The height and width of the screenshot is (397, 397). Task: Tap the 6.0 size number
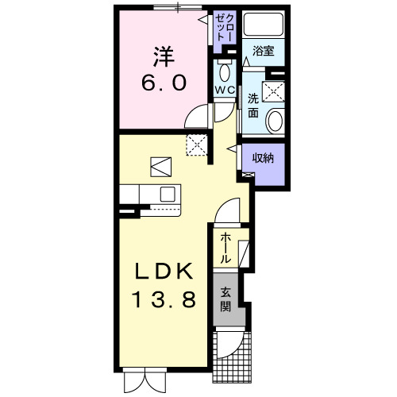[165, 82]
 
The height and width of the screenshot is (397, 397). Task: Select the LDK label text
[164, 272]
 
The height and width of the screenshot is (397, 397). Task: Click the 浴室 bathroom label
[264, 52]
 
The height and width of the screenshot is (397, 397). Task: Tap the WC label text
[224, 91]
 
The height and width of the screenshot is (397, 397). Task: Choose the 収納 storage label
[264, 159]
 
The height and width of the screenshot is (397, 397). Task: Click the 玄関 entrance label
[226, 299]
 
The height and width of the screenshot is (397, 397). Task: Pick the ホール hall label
[226, 247]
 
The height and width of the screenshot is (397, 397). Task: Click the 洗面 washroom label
[252, 106]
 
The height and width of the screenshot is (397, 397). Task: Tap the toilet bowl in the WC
[225, 74]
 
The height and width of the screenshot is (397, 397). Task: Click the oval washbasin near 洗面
[274, 121]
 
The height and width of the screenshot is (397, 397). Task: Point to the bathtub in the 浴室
[264, 25]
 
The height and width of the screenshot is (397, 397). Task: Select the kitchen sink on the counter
[168, 193]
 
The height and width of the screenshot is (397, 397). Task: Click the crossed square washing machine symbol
[276, 91]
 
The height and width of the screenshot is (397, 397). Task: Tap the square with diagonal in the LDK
[161, 166]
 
